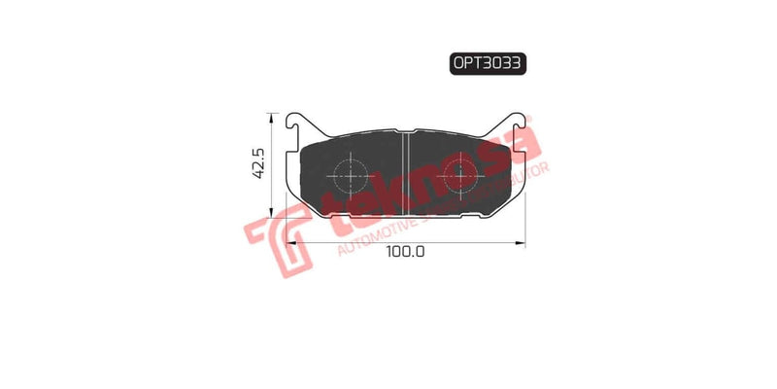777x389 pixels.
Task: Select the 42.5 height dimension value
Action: (x=258, y=163)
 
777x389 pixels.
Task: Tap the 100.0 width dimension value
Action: (x=406, y=251)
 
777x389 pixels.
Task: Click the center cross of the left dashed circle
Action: (x=350, y=176)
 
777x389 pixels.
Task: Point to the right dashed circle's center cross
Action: (x=459, y=176)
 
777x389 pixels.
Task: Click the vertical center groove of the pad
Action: (x=404, y=175)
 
